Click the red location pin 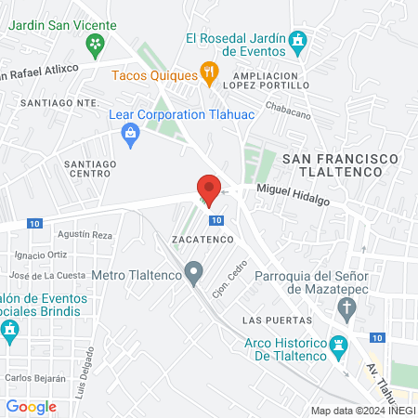coord(209,189)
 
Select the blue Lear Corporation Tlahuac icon coord(130,137)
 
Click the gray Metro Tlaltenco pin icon coord(193,273)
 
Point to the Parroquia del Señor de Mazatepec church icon coord(346,308)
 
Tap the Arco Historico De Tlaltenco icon coord(338,345)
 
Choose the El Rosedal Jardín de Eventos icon coord(297,40)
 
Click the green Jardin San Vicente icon coord(94,44)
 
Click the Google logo coord(31,406)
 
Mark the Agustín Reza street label coord(85,235)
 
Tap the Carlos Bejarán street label coord(35,378)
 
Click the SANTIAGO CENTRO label coord(88,168)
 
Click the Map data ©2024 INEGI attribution coord(362,410)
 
